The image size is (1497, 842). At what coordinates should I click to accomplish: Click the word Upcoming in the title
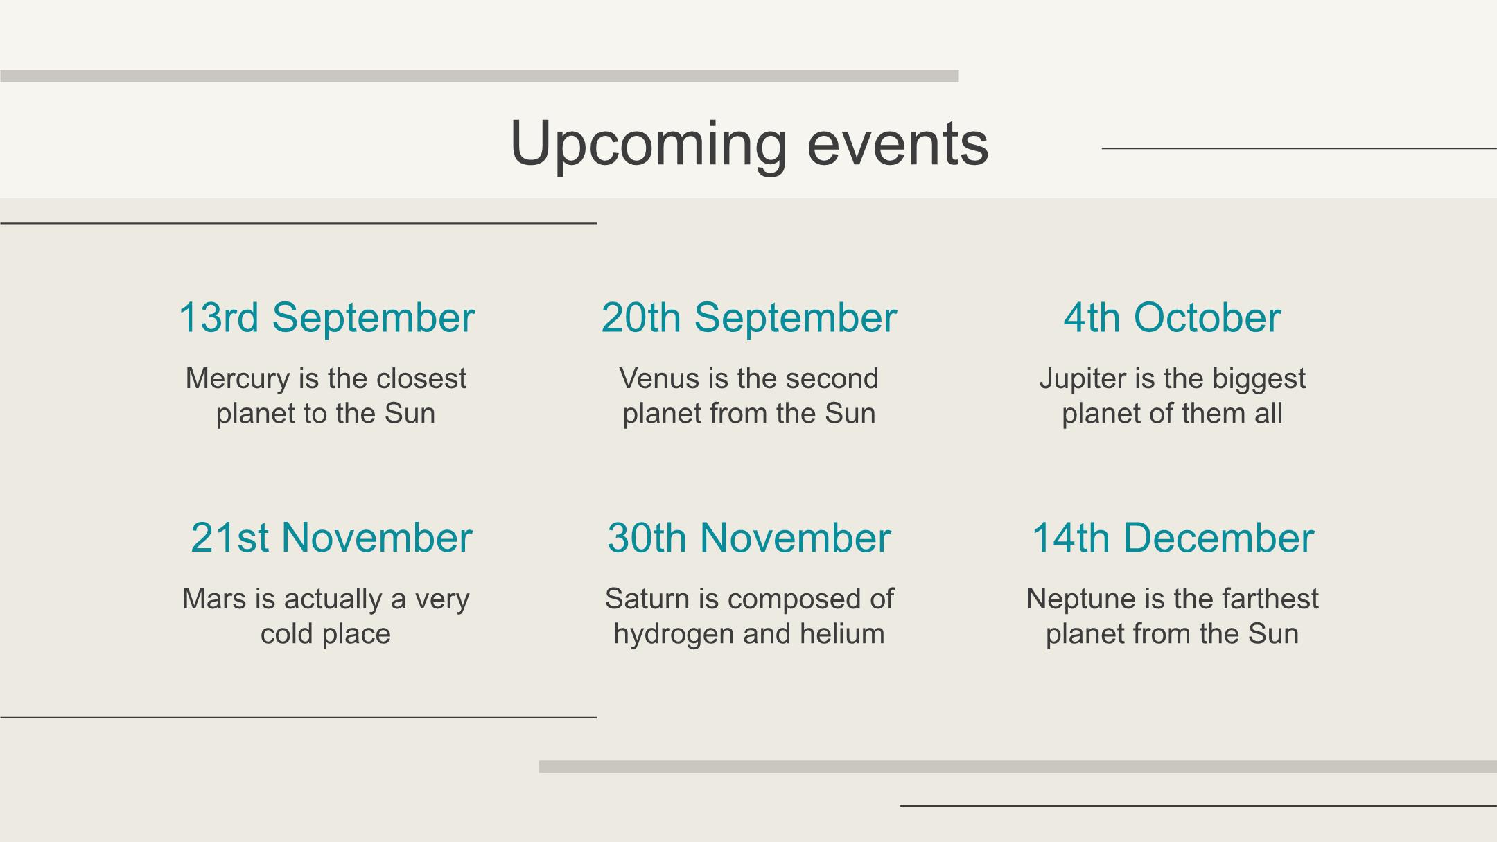pyautogui.click(x=649, y=146)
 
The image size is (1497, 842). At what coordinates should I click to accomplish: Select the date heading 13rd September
pyautogui.click(x=326, y=318)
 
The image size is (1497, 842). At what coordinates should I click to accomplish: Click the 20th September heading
pyautogui.click(x=749, y=318)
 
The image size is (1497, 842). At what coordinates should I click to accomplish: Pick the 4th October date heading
pyautogui.click(x=1172, y=318)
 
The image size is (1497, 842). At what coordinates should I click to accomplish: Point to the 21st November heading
pyautogui.click(x=331, y=538)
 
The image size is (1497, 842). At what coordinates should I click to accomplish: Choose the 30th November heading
pyautogui.click(x=749, y=538)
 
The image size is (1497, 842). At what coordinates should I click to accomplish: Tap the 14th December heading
pyautogui.click(x=1173, y=538)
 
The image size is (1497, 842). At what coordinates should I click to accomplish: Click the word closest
pyautogui.click(x=421, y=378)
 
